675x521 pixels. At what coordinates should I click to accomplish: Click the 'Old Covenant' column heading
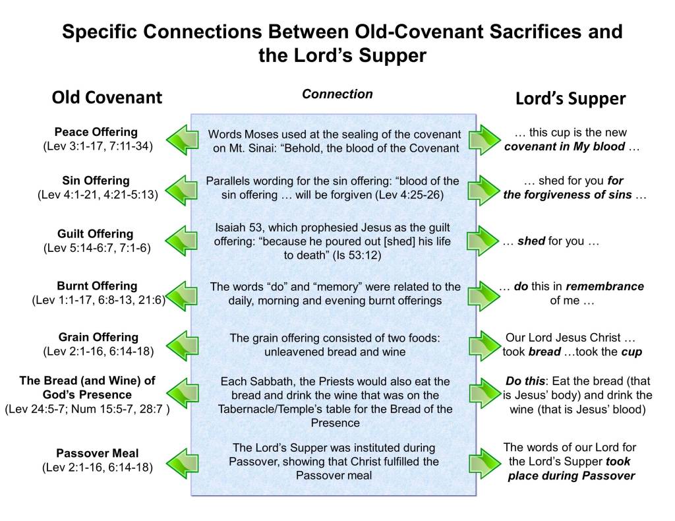coord(107,98)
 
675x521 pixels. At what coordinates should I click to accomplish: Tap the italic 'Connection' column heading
coord(337,94)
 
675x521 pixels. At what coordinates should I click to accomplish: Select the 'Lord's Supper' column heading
coord(570,99)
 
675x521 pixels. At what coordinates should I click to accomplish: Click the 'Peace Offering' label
coord(96,132)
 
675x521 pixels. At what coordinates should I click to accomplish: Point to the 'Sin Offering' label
coord(96,181)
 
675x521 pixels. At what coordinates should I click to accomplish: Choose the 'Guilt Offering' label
coord(95,234)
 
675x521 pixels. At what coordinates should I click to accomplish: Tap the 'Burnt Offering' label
coord(97,286)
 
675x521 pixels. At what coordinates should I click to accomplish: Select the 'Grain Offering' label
coord(99,337)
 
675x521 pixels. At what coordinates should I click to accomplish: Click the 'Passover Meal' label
coord(98,453)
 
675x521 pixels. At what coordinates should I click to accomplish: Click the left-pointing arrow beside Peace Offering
coord(183,140)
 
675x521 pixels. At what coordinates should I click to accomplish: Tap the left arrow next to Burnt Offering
coord(183,295)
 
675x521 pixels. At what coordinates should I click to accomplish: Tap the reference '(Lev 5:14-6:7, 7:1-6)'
coord(98,248)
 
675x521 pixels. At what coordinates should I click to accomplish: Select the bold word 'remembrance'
coord(605,286)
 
